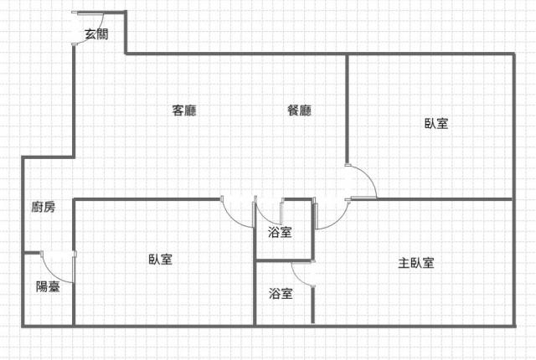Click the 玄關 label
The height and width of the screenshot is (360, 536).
point(96,34)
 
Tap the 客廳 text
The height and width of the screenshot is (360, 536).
point(184,111)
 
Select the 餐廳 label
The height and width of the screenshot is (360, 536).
point(299,111)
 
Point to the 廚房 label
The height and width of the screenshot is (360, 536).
point(44,208)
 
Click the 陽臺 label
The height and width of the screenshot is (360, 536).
point(48,286)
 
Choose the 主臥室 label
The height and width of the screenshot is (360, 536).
point(416,263)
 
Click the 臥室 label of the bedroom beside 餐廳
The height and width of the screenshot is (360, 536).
point(436,124)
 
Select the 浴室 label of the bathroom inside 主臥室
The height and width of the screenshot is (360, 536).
point(281,294)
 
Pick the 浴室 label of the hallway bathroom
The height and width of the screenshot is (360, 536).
point(281,232)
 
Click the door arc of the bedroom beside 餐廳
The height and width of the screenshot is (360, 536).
point(365,180)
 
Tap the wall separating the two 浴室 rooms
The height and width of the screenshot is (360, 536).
point(285,261)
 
